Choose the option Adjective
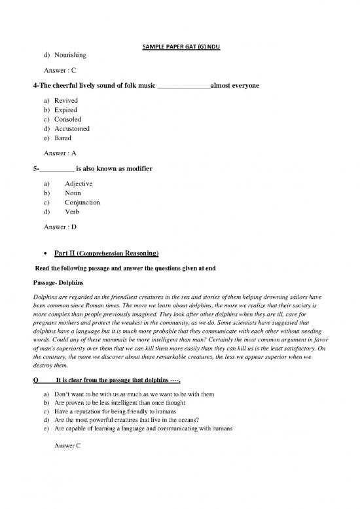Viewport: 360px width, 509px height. coord(79,184)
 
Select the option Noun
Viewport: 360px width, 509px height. coord(73,193)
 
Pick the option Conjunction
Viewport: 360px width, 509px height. coord(82,203)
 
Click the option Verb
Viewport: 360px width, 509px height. coord(72,212)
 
